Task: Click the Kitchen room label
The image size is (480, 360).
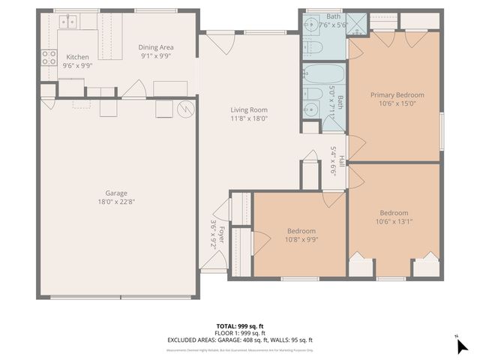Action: tap(78, 57)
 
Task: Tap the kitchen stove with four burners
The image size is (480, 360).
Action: tap(49, 58)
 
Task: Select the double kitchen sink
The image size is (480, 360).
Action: tap(70, 22)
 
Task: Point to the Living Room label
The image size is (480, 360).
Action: tap(248, 109)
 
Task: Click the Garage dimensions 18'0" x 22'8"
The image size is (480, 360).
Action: tap(115, 201)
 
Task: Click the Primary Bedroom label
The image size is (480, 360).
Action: tap(397, 95)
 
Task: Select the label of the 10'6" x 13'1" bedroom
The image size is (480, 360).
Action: tap(394, 213)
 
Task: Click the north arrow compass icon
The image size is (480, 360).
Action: tap(461, 344)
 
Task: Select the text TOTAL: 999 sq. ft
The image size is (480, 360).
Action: tap(240, 326)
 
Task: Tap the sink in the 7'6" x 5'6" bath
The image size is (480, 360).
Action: tap(310, 24)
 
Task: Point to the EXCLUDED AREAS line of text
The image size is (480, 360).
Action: tap(240, 340)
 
